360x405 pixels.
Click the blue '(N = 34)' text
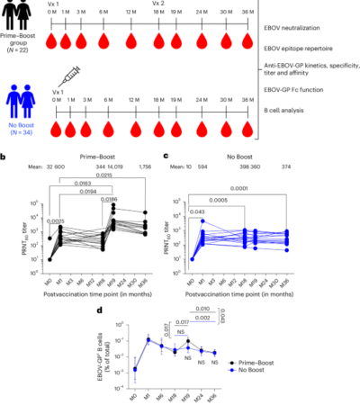pos(20,130)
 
